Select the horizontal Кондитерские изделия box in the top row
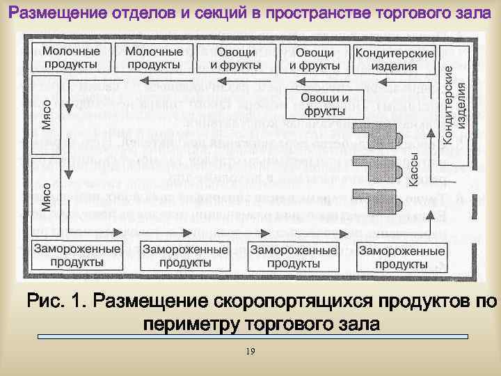pos(395,59)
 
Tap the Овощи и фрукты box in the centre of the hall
pos(324,104)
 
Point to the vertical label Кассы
pos(412,169)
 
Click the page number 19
pos(250,352)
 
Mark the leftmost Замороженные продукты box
pos(77,256)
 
